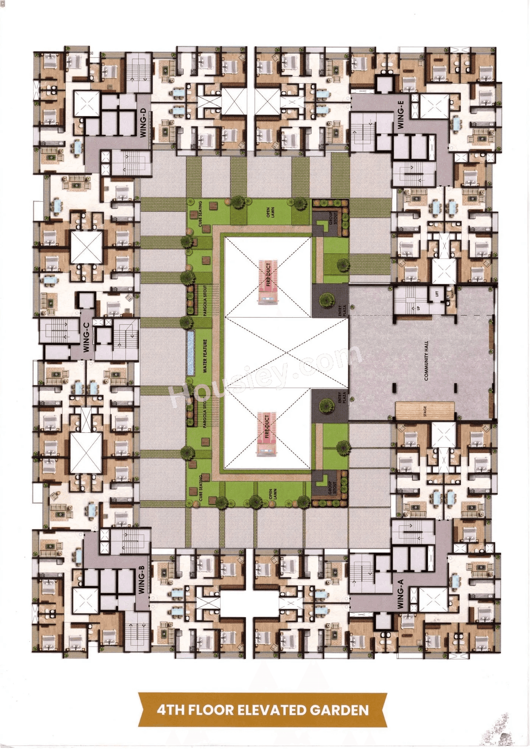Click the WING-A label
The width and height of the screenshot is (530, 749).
click(x=401, y=594)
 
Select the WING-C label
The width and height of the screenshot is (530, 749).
click(x=86, y=337)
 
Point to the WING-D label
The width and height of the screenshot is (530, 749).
click(x=143, y=122)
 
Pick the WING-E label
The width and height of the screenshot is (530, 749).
click(x=401, y=115)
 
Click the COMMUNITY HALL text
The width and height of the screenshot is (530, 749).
click(x=427, y=360)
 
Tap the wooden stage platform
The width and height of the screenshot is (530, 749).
click(x=425, y=411)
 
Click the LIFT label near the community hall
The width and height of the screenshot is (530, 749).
click(x=436, y=293)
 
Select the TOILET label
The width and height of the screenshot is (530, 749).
click(x=452, y=294)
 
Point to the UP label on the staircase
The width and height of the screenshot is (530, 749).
click(x=418, y=308)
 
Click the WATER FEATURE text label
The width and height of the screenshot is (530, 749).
click(x=205, y=356)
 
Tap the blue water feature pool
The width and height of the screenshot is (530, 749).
click(x=191, y=353)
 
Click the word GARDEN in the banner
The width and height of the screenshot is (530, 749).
click(x=339, y=710)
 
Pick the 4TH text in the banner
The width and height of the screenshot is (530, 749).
click(x=170, y=710)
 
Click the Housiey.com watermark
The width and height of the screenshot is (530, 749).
click(x=265, y=375)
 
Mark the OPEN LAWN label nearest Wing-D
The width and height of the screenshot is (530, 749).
click(x=270, y=213)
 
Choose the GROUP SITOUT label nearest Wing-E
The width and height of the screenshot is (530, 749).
click(x=332, y=218)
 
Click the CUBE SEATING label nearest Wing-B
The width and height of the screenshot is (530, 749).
click(x=201, y=488)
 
